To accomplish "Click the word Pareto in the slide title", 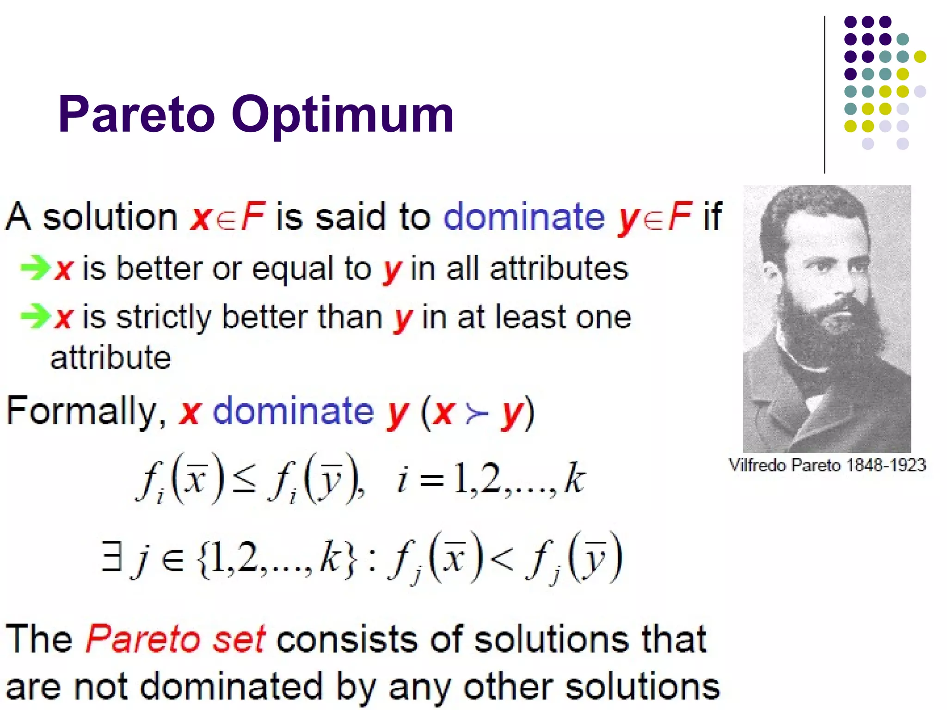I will click(x=137, y=114).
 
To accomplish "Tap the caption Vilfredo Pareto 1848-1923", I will click(x=827, y=465).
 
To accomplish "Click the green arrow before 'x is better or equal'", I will click(x=35, y=268).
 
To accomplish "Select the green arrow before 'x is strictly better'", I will click(x=35, y=317).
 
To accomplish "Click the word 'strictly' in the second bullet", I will click(x=164, y=318).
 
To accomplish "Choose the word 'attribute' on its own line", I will click(x=111, y=358).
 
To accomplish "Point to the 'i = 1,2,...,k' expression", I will click(x=491, y=479).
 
